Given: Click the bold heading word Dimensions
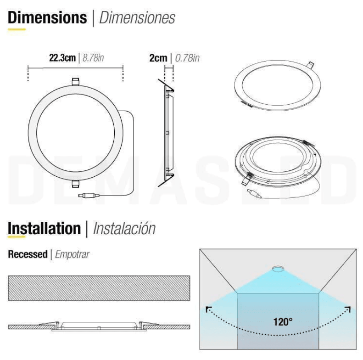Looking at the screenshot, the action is tap(47, 17).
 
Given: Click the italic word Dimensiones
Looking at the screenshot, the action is tap(137, 17).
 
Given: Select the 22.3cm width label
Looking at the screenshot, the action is tap(62, 58).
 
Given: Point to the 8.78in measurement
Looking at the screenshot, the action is tap(93, 58).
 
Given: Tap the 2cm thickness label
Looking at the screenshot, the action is tap(158, 58).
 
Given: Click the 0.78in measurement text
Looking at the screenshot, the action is tap(187, 58).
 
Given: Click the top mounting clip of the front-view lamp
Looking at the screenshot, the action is tap(75, 82).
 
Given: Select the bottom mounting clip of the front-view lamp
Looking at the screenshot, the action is tap(75, 184).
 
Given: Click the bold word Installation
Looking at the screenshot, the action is tap(44, 228).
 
